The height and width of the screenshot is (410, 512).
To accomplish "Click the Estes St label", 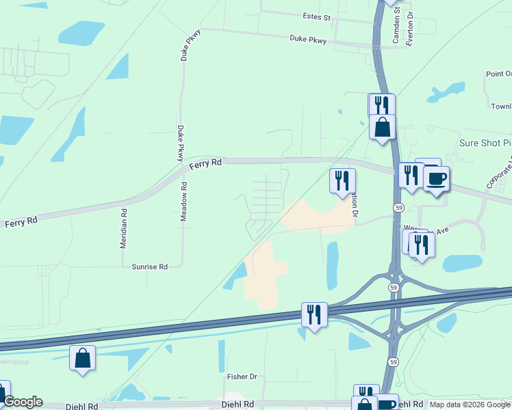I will pos(316,16).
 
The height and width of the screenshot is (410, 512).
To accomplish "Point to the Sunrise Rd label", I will pos(150,267).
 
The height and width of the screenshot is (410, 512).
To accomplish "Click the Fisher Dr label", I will pos(242,377).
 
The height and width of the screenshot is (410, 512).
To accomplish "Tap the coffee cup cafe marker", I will pos(436,179).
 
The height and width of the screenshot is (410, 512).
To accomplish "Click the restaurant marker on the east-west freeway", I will pos(314,315).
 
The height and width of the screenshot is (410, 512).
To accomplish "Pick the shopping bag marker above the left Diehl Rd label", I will pos(82,358).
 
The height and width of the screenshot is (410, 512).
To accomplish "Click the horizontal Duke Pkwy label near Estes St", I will pos(308,40).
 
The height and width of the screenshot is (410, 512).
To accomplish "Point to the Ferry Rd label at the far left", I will pos(21,223).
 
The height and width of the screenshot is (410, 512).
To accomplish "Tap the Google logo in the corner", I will pos(22,402).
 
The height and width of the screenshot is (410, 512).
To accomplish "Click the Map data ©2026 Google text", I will pos(469,405).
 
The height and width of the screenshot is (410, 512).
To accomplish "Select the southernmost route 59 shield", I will pos(393,361).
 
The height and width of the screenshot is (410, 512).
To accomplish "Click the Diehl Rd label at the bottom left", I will pos(81,406).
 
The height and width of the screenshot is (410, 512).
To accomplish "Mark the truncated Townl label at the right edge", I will pos(501,107).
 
